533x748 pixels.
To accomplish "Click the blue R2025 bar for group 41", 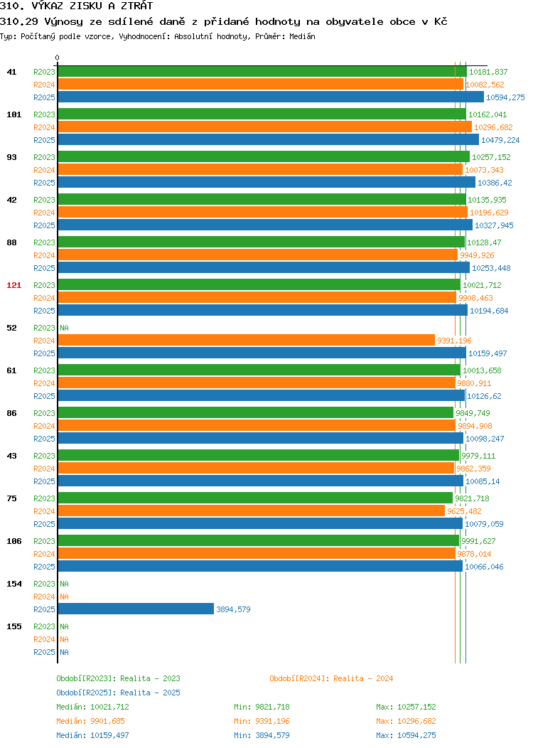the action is point(271,97).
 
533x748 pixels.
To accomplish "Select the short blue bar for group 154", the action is point(136,609).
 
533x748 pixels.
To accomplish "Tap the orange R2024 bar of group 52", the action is point(247,341).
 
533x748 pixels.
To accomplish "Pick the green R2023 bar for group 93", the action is point(264,157).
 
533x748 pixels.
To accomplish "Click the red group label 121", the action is point(14,285).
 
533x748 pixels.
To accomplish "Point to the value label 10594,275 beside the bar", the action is point(505,97).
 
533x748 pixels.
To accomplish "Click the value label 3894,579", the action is point(233,609).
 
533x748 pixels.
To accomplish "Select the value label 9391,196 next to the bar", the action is point(454,341).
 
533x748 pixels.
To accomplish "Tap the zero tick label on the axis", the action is point(58,58).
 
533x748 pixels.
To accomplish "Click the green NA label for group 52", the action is point(65,328).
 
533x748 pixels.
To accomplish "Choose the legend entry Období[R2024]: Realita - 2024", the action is point(331,678).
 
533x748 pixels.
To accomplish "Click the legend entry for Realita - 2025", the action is point(118,693).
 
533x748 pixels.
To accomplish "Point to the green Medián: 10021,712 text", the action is point(92,707).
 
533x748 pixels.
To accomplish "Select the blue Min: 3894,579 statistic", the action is point(262,735).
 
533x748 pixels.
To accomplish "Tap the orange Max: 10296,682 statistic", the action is point(406,721).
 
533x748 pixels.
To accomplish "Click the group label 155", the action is point(14,626).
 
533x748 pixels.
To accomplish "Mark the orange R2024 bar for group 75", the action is point(252,511).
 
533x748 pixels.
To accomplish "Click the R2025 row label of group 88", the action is point(44,268).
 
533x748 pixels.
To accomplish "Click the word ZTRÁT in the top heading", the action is point(136,6).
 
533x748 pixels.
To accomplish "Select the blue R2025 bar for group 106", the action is point(260,567).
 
